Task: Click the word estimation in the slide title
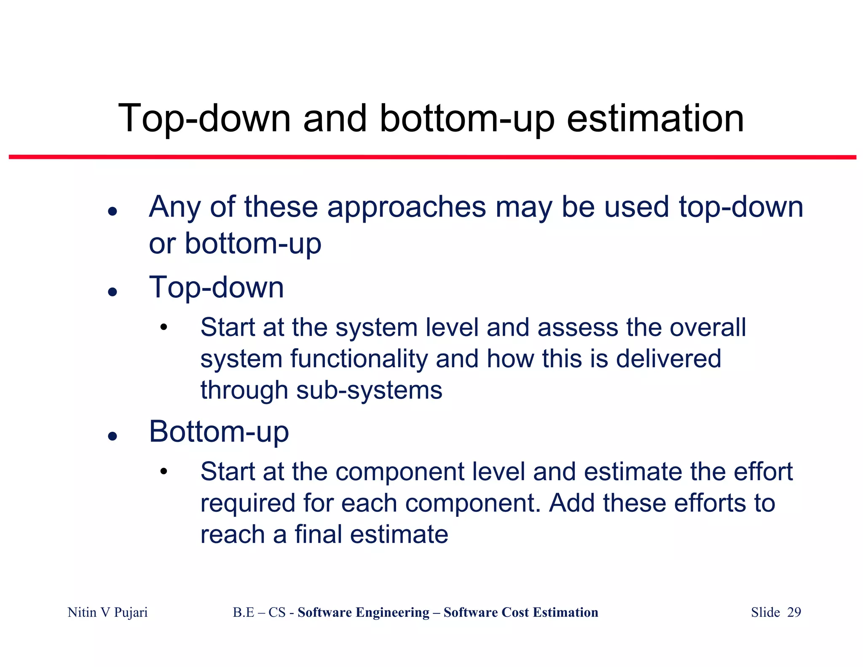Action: pos(655,119)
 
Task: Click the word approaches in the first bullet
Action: pos(406,207)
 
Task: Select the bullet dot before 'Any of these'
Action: pos(112,211)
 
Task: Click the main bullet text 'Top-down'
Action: pos(217,288)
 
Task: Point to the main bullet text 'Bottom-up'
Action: pos(219,432)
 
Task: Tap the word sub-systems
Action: pos(369,390)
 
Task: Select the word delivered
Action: pos(668,359)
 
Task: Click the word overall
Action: pos(708,328)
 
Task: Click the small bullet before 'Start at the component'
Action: pos(163,472)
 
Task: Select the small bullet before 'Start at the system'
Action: pos(163,328)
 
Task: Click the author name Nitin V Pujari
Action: pos(107,613)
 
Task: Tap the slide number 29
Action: pos(794,613)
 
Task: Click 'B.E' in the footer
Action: pos(243,613)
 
